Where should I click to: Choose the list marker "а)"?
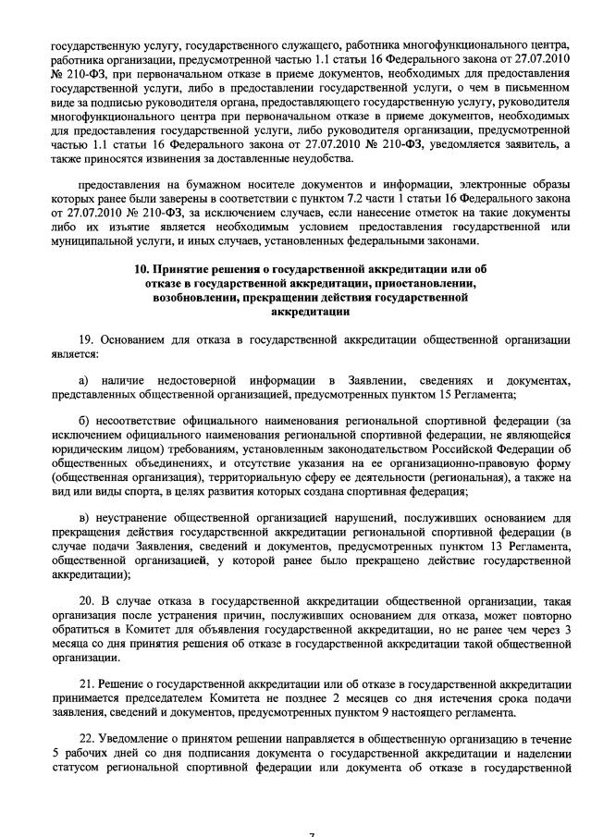pos(84,380)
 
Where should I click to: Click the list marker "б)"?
pos(84,421)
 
